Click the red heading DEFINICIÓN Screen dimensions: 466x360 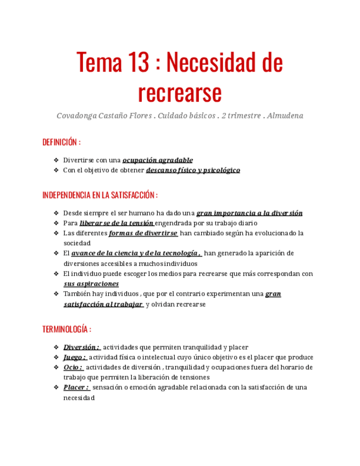click(x=61, y=142)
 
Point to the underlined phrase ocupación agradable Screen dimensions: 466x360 click(x=157, y=160)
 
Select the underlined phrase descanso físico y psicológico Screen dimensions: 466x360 click(x=193, y=170)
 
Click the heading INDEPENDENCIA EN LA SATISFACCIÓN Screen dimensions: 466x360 click(x=99, y=195)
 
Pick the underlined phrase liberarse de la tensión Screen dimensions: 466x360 click(x=117, y=223)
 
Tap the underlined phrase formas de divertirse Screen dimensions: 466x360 click(x=143, y=233)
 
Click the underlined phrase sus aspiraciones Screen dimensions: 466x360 click(x=91, y=284)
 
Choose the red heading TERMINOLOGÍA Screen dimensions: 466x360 click(x=66, y=329)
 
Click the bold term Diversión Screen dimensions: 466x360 click(x=81, y=347)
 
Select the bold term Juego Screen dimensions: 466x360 click(x=74, y=357)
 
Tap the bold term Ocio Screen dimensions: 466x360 click(x=73, y=367)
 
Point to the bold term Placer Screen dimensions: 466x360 click(x=76, y=387)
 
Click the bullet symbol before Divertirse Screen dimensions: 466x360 click(x=56, y=160)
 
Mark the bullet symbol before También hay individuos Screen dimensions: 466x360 click(x=56, y=294)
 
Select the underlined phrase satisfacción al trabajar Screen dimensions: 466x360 click(x=103, y=304)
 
